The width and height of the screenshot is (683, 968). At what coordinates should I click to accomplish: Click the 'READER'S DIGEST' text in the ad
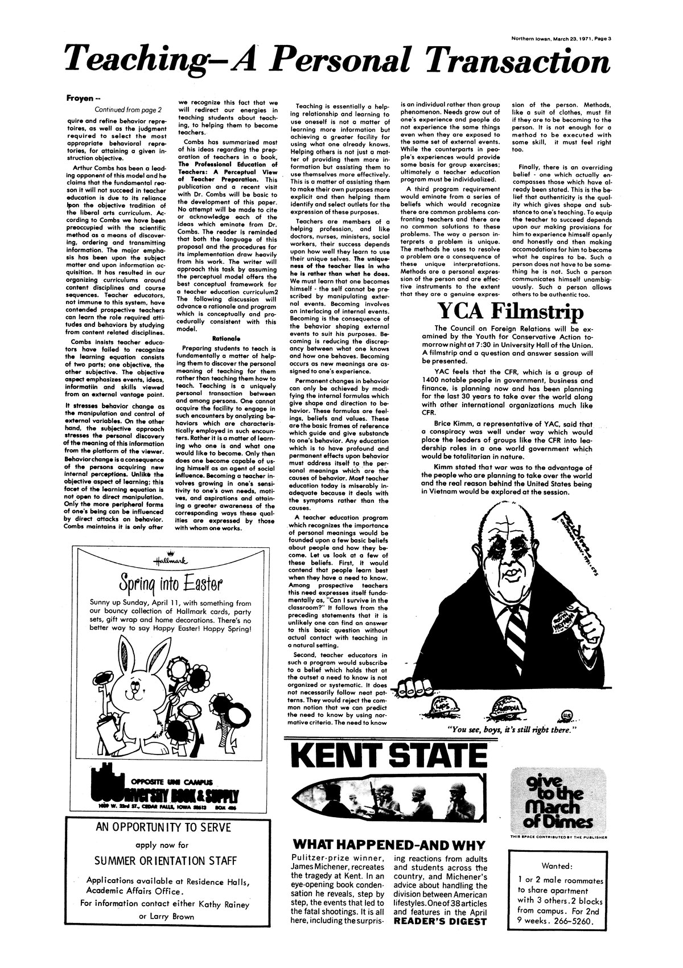point(441,921)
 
